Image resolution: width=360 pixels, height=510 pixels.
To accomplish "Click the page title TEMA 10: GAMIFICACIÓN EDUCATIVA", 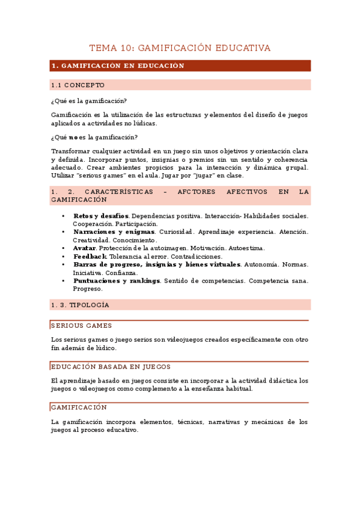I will pos(180,48).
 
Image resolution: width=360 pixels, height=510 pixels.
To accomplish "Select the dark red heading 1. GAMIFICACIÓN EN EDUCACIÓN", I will pos(118,66).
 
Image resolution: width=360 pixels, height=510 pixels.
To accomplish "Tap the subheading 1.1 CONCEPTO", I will pos(78,85).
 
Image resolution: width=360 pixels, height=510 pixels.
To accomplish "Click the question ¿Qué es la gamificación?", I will pos(89,100).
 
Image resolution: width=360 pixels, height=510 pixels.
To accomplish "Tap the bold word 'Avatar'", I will pos(84,248).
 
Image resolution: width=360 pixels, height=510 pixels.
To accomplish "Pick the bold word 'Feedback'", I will pos(90,256).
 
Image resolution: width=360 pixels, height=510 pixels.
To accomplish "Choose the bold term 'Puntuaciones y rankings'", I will pos(117,280).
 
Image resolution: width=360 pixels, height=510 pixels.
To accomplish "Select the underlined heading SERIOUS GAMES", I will pos(81,325).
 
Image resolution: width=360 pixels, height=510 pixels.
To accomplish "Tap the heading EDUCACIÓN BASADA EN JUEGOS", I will pos(111,366).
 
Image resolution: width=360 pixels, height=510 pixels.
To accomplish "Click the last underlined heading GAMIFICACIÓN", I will pos(79,407).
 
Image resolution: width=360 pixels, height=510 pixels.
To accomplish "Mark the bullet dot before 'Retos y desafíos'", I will pos(63,215).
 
